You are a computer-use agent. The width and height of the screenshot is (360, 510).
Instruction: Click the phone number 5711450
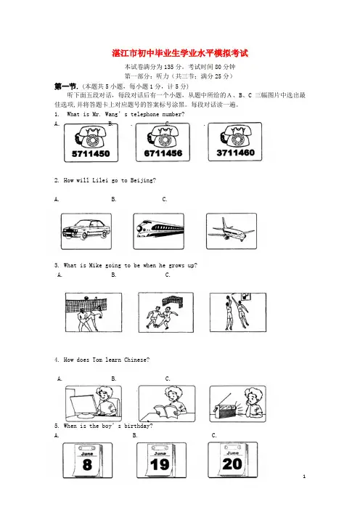91,153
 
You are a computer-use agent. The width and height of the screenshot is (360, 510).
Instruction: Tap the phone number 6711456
163,153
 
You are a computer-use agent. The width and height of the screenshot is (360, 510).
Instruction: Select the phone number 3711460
236,153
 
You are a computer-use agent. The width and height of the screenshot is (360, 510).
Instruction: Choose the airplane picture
232,231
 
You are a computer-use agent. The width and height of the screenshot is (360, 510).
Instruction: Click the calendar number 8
87,464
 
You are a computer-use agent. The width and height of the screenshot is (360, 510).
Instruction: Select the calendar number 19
160,464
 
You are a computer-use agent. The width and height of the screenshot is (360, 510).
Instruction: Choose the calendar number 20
232,464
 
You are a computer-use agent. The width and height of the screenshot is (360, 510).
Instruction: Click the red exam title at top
180,53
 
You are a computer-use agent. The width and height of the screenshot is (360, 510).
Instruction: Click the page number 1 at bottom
304,477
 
